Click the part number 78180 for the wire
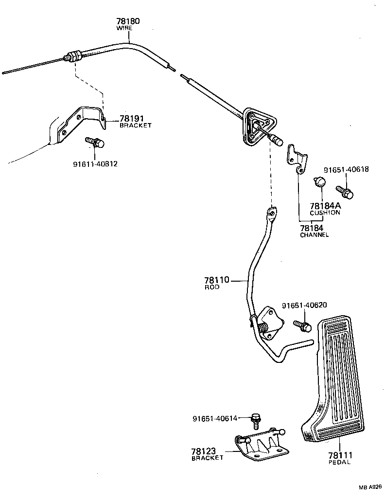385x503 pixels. [x=128, y=21]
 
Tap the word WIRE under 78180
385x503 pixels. [x=124, y=28]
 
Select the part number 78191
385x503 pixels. [x=132, y=119]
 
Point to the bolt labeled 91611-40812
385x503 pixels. [x=95, y=143]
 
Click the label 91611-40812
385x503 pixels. [x=95, y=164]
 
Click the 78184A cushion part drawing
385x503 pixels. [x=319, y=181]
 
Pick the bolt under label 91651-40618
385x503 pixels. [x=345, y=191]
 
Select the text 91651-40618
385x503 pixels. [x=346, y=169]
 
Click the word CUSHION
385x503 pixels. [x=325, y=213]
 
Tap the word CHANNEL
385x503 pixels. [x=314, y=235]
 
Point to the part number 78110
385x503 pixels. [x=217, y=280]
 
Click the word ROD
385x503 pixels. [x=212, y=287]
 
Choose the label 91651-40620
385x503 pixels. [x=304, y=305]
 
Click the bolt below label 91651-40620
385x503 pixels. [x=302, y=326]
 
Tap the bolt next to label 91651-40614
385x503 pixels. [x=256, y=420]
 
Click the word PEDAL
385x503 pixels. [x=339, y=462]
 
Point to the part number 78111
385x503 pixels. [x=340, y=455]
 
